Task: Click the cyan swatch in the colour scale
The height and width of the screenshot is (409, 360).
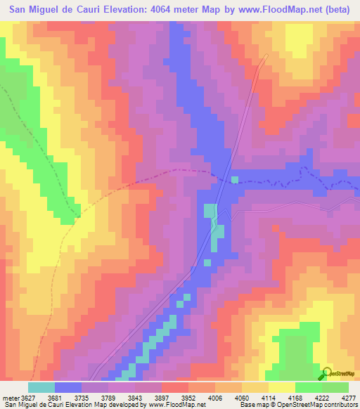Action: pos(41,387)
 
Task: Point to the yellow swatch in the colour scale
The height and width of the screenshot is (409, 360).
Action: pos(281,387)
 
